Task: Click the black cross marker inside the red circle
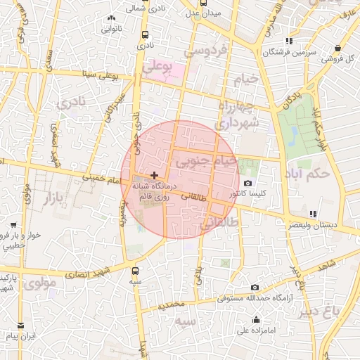click(154, 175)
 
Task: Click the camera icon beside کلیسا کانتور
click(247, 183)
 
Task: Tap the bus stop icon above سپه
click(134, 270)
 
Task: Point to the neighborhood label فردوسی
click(205, 51)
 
